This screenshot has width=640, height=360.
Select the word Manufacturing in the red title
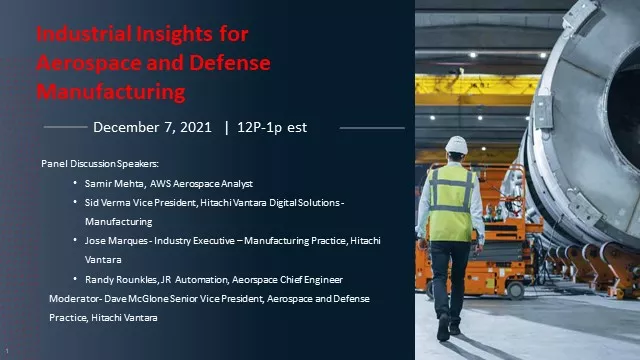(110, 92)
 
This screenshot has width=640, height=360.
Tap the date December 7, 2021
(154, 127)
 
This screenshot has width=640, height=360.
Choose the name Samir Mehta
(114, 184)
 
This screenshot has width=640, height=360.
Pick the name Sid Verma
(108, 203)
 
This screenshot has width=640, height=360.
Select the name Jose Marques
(116, 241)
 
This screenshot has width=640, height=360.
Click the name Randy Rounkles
(120, 278)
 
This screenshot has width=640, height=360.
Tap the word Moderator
(73, 298)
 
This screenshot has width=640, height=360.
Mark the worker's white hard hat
(456, 145)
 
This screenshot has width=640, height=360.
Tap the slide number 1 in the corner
(6, 351)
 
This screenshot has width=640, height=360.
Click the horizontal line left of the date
(66, 128)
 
